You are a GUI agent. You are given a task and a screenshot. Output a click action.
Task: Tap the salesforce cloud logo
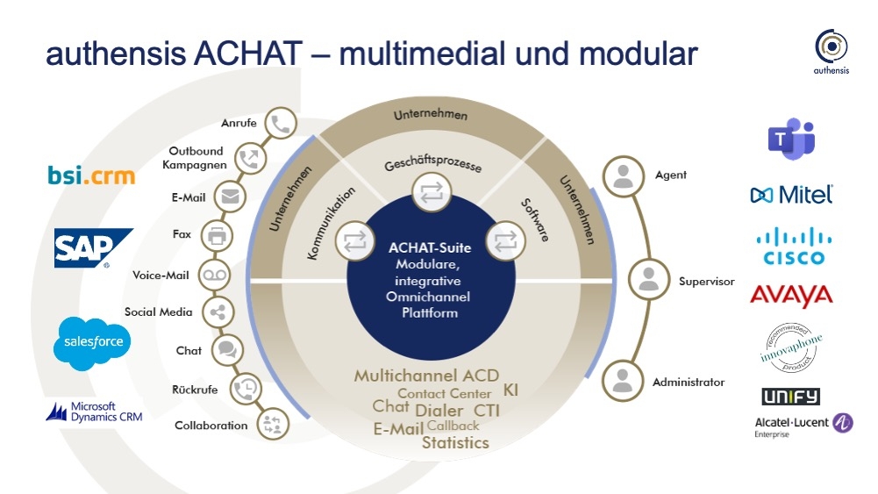[x=93, y=339]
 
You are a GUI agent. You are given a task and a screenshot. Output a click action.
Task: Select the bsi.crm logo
[x=92, y=175]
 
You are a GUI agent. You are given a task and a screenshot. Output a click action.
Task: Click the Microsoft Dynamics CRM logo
[x=94, y=411]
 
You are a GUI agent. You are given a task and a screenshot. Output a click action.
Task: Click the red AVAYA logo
[x=791, y=296]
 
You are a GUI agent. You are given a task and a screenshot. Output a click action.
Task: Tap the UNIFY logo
[x=790, y=396]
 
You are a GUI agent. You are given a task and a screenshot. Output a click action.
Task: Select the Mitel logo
[x=791, y=194]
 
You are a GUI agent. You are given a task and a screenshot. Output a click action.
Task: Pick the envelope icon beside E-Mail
[x=231, y=197]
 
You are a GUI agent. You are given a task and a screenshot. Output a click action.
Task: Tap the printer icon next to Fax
[x=216, y=235]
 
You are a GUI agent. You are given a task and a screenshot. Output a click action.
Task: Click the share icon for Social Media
[x=217, y=311]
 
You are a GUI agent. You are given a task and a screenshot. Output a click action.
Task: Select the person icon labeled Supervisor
[x=648, y=279]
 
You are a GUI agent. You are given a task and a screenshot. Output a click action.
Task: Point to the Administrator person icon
[x=623, y=379]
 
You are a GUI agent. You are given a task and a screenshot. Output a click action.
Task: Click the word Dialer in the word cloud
[x=439, y=410]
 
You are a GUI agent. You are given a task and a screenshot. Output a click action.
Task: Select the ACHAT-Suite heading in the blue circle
[x=429, y=247]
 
